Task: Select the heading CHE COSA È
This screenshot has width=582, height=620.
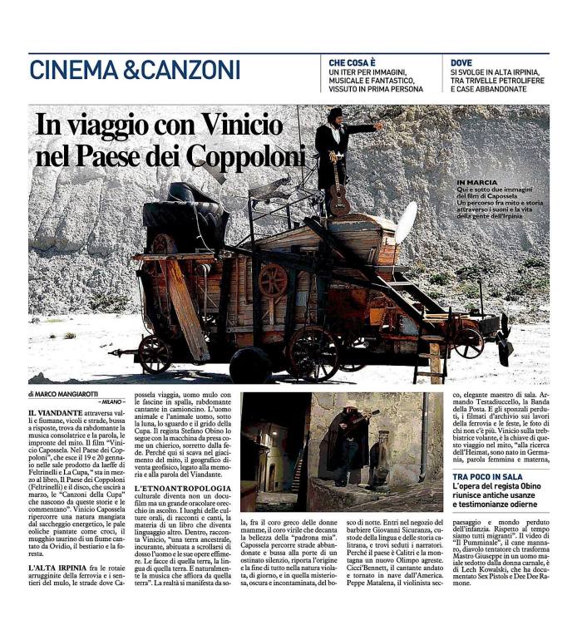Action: pos(352,62)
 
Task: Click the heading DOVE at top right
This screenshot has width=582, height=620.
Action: pos(461,62)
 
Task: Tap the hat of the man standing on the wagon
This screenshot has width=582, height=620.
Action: pos(335,113)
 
